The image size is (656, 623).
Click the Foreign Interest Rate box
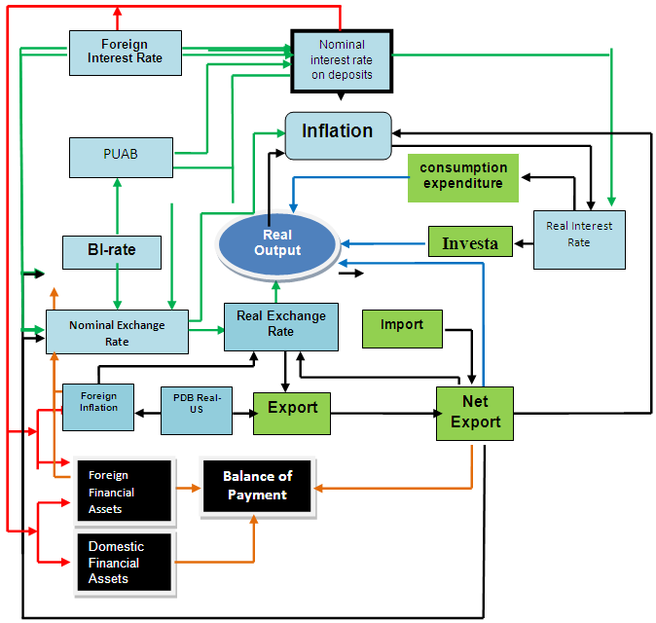click(126, 53)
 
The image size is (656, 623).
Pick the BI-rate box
click(111, 251)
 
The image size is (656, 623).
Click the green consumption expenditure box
click(463, 176)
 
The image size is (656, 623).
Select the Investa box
click(470, 242)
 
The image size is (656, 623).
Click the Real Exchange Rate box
click(280, 325)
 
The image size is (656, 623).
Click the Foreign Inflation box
click(98, 402)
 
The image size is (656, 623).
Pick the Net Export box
click(474, 413)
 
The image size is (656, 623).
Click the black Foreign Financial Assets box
click(125, 492)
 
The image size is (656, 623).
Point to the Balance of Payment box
click(257, 486)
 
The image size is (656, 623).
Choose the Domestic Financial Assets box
click(125, 563)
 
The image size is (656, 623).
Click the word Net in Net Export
click(475, 401)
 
